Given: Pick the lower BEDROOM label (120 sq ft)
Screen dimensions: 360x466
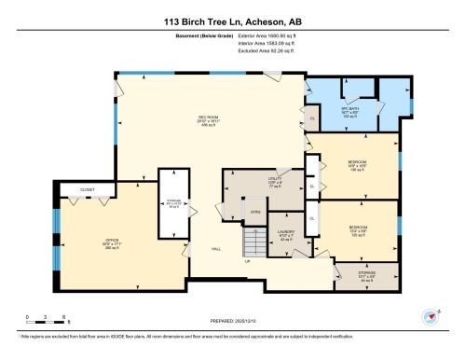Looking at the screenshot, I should [358, 228].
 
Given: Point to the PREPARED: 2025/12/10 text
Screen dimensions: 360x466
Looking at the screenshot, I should [231, 320].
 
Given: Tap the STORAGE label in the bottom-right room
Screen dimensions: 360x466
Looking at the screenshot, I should [365, 276].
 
